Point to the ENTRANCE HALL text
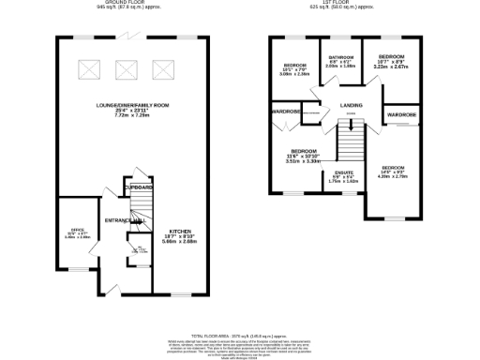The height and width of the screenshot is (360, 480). [123, 220]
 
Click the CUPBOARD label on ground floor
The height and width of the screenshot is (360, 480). [139, 188]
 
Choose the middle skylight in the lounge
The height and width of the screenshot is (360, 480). [127, 68]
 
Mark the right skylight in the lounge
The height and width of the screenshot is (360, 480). [161, 68]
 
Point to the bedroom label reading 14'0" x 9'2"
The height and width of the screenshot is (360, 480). [395, 170]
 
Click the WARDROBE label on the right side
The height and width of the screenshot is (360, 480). [401, 116]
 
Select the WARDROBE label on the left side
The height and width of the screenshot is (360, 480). [286, 112]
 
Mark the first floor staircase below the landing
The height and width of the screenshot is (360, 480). [349, 142]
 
